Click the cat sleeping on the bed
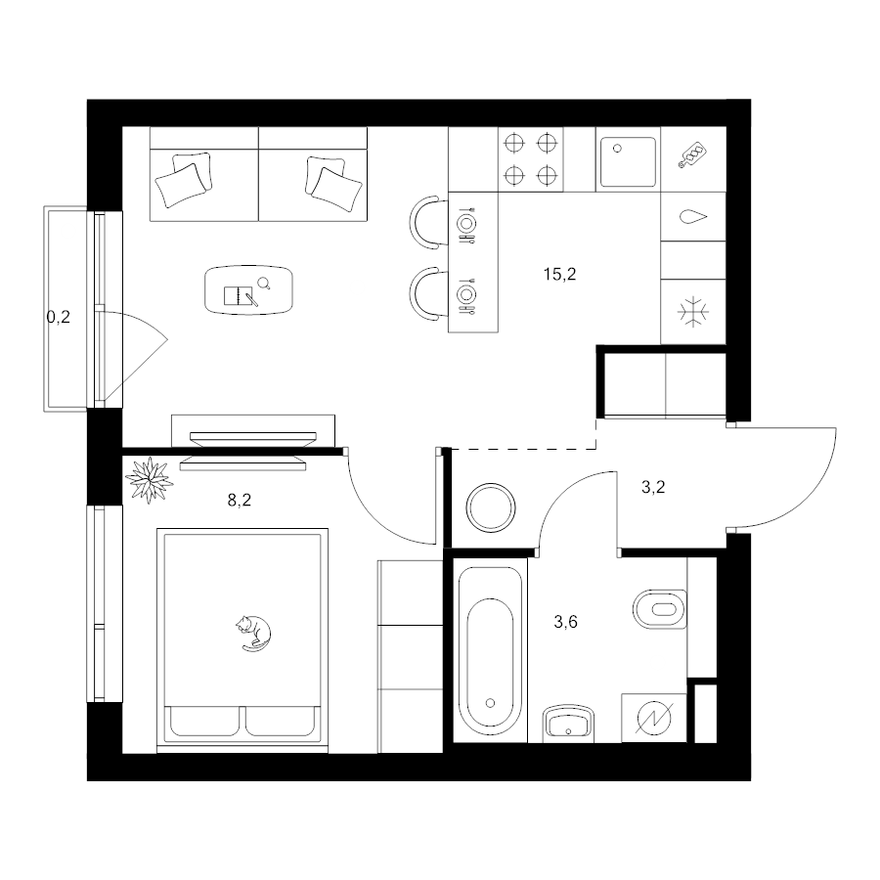pyautogui.click(x=253, y=633)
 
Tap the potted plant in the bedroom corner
pyautogui.click(x=149, y=480)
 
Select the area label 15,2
pyautogui.click(x=559, y=275)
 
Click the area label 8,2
pyautogui.click(x=240, y=500)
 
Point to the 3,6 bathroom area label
pyautogui.click(x=566, y=622)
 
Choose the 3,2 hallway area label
pyautogui.click(x=653, y=487)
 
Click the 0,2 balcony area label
pyautogui.click(x=59, y=318)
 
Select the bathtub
pyautogui.click(x=490, y=651)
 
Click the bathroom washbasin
pyautogui.click(x=568, y=723)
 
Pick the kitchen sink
pyautogui.click(x=628, y=161)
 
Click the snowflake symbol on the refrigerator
pyautogui.click(x=693, y=312)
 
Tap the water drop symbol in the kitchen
pyautogui.click(x=693, y=217)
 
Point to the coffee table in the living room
pyautogui.click(x=249, y=290)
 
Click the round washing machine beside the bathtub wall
pyautogui.click(x=491, y=507)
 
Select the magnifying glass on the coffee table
pyautogui.click(x=264, y=284)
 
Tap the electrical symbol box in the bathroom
pyautogui.click(x=654, y=719)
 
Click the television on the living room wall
pyautogui.click(x=252, y=438)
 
